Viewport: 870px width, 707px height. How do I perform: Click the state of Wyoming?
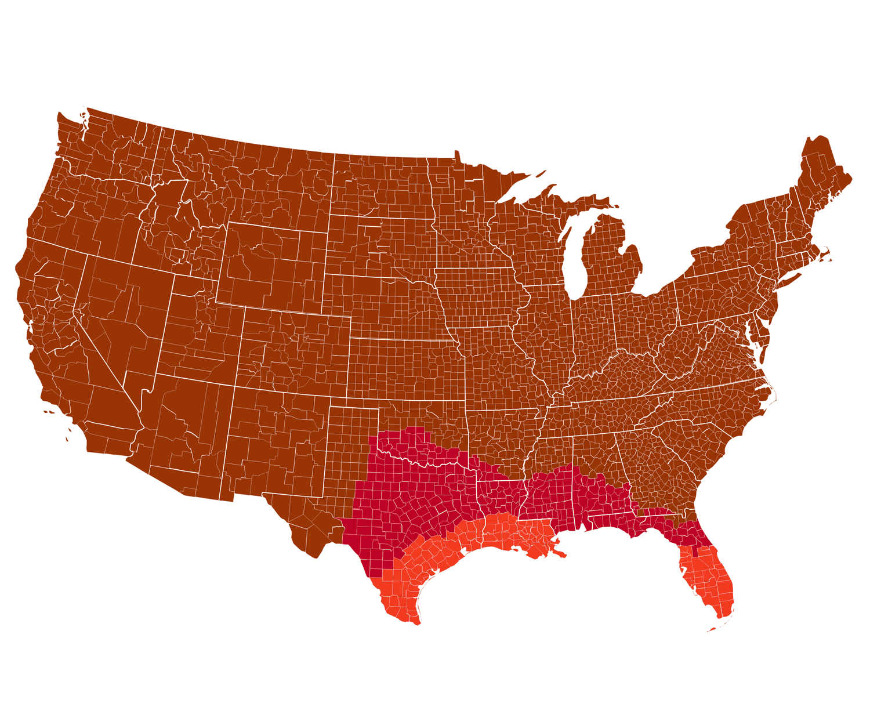273,264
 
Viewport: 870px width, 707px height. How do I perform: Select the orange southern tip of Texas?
394,603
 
